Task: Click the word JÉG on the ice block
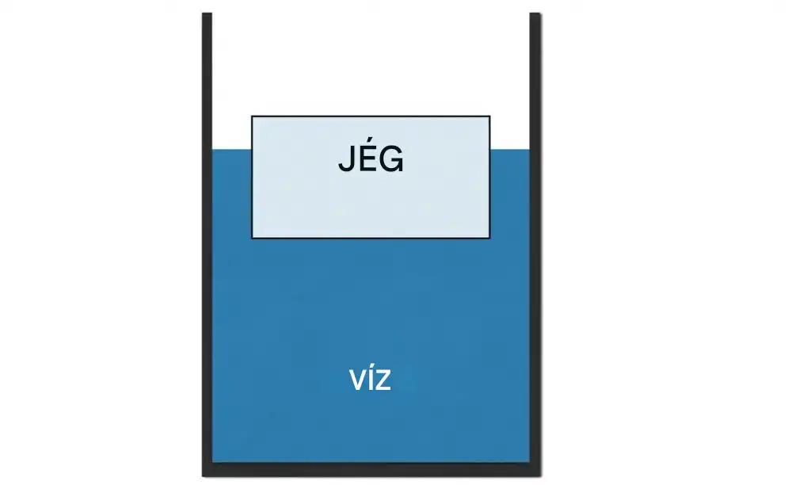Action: (x=371, y=158)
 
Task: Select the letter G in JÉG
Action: (x=391, y=159)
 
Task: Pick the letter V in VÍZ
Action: (x=358, y=380)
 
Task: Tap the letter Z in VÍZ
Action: (x=383, y=380)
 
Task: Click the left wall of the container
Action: (x=207, y=244)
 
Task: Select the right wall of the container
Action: (x=535, y=244)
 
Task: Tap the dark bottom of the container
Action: (x=371, y=469)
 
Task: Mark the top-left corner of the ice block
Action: (x=252, y=116)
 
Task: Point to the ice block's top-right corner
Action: (x=489, y=116)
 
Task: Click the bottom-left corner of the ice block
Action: (x=252, y=238)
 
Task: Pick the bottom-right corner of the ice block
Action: (x=489, y=238)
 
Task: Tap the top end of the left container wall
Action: (x=207, y=13)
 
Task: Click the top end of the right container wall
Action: (x=535, y=13)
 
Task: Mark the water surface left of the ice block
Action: (x=232, y=150)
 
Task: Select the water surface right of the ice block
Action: (x=510, y=150)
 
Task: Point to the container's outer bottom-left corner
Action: (x=202, y=476)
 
